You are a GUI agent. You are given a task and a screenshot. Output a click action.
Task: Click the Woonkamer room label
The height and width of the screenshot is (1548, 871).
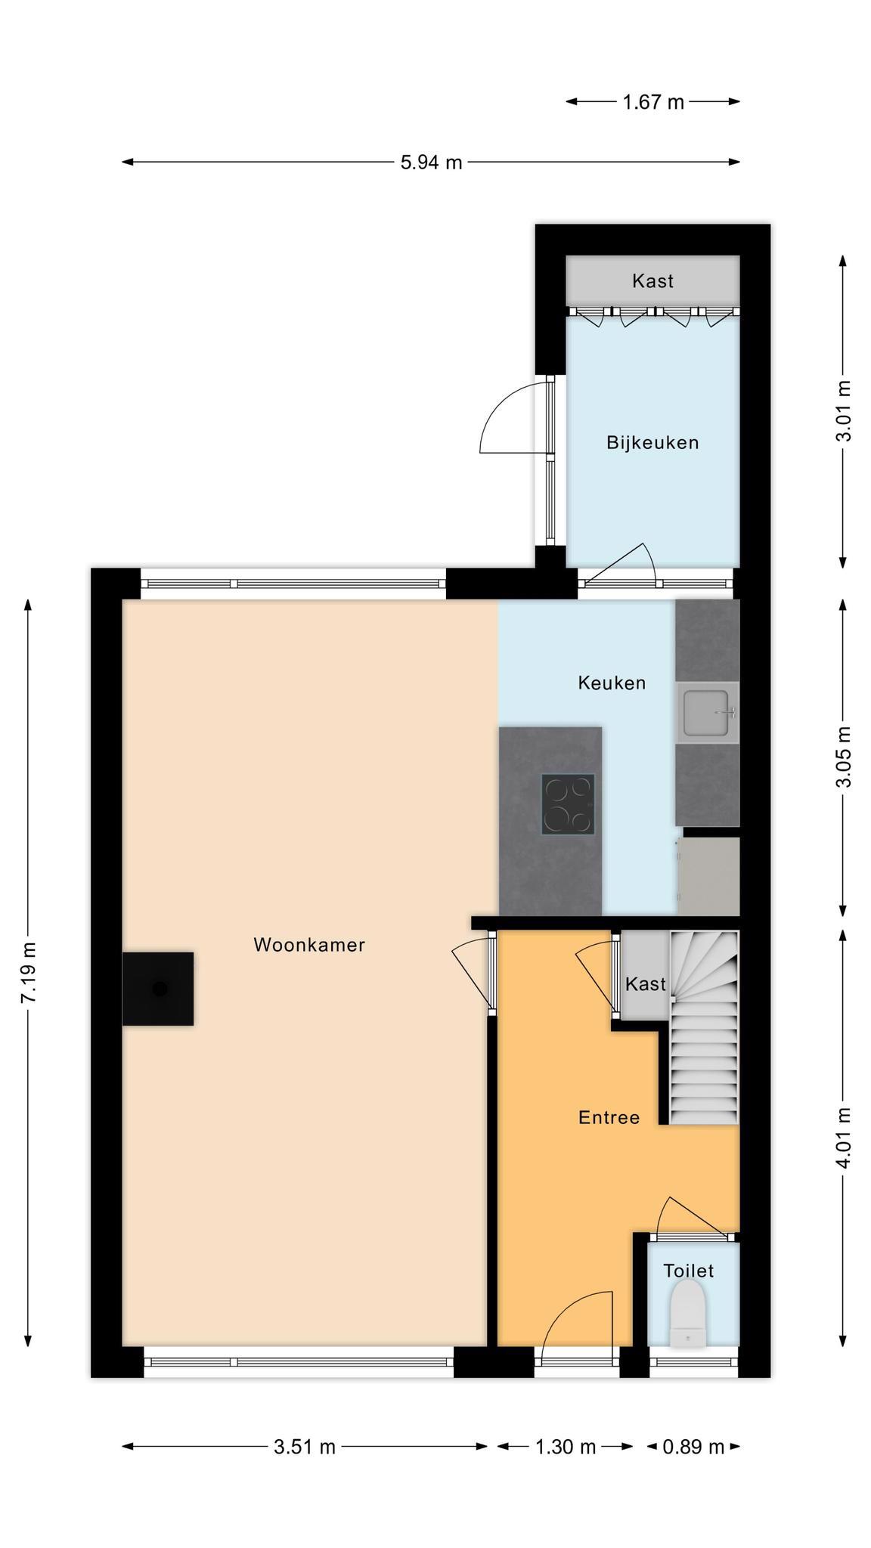click(x=309, y=945)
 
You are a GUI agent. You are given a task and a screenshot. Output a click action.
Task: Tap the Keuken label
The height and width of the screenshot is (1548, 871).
click(x=612, y=683)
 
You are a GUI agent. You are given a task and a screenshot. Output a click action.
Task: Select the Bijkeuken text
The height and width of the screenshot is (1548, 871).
click(x=652, y=443)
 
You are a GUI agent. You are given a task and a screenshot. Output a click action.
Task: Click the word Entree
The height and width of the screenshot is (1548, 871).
click(x=609, y=1117)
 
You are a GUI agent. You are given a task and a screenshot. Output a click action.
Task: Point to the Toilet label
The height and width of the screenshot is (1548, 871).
click(x=688, y=1271)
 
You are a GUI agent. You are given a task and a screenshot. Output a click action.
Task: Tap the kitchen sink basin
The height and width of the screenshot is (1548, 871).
click(x=706, y=713)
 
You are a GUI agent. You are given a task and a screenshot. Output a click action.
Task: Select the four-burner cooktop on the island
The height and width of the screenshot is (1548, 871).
click(x=568, y=804)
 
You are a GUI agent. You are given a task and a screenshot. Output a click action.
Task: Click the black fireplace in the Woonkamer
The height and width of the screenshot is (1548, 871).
click(x=158, y=989)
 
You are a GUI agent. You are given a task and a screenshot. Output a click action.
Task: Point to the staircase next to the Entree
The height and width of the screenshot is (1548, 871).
click(x=704, y=1028)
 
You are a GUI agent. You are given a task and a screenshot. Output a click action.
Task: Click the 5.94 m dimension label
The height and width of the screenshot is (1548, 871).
click(x=431, y=162)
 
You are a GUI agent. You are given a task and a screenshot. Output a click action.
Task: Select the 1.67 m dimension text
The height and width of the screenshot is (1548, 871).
click(x=653, y=101)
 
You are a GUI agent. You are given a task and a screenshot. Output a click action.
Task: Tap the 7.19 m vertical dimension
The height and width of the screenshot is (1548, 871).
click(x=28, y=973)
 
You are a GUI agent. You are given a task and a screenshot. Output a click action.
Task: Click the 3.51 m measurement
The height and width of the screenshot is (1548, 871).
click(x=305, y=1447)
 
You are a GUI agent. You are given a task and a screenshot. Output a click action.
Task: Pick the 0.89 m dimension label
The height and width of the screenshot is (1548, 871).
click(x=693, y=1447)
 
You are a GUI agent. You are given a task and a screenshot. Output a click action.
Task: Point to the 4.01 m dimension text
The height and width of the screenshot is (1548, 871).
click(x=843, y=1138)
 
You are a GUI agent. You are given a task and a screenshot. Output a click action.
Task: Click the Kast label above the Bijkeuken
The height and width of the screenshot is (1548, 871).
click(x=652, y=281)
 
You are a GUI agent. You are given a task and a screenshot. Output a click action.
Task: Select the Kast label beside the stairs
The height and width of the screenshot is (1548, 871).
click(x=646, y=984)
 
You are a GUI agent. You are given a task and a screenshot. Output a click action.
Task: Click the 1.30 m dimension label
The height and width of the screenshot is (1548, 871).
click(x=566, y=1447)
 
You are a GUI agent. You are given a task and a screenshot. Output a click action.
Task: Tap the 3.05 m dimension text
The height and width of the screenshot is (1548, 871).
click(x=843, y=757)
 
